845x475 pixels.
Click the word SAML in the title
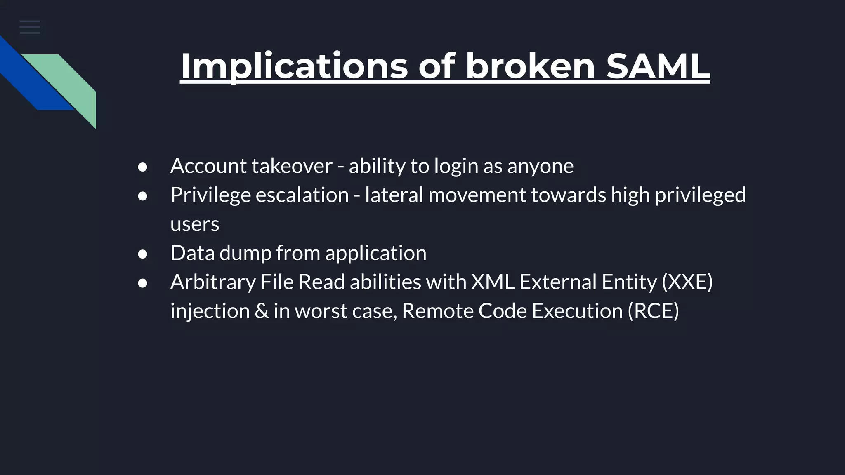pyautogui.click(x=658, y=66)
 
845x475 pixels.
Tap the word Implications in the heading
pyautogui.click(x=294, y=66)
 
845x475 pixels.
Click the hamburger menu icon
pyautogui.click(x=30, y=27)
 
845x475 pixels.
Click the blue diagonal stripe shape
pyautogui.click(x=33, y=78)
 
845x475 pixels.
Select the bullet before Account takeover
pyautogui.click(x=143, y=167)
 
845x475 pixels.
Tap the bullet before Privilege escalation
pyautogui.click(x=143, y=196)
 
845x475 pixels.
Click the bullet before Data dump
pyautogui.click(x=143, y=254)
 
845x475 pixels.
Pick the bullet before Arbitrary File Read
pyautogui.click(x=143, y=283)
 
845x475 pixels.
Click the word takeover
pyautogui.click(x=292, y=166)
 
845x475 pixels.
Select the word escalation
pyautogui.click(x=302, y=195)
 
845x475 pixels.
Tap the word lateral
pyautogui.click(x=394, y=195)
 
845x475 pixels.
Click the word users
pyautogui.click(x=195, y=224)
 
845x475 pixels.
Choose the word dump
pyautogui.click(x=245, y=253)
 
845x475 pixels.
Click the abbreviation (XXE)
pyautogui.click(x=687, y=282)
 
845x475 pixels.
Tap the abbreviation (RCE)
pyautogui.click(x=653, y=311)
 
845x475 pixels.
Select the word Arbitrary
pyautogui.click(x=213, y=282)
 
